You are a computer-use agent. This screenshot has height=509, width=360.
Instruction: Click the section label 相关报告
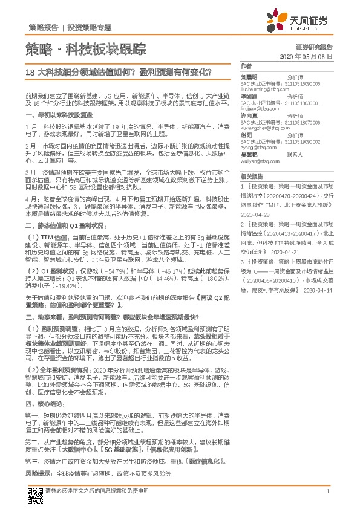coord(250,177)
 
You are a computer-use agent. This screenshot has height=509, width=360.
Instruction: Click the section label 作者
coord(246,66)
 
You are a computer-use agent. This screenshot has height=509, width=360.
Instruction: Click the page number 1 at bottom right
coord(327,491)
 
